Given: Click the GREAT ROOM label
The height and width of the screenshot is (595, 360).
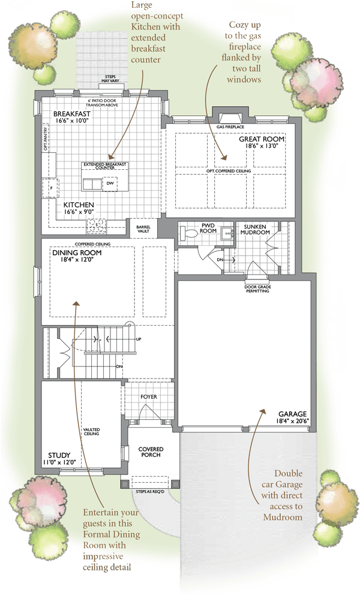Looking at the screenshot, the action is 262,139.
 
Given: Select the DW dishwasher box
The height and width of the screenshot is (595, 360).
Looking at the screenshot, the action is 110,184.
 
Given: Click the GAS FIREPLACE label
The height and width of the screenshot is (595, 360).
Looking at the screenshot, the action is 230,127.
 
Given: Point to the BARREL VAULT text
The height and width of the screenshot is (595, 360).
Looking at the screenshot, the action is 143,229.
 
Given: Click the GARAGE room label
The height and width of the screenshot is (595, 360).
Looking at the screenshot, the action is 292,414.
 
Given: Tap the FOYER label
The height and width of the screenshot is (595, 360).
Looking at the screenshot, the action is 148,396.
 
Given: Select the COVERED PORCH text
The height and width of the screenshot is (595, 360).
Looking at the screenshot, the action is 151,452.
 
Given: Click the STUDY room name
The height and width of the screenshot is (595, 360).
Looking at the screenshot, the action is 59,455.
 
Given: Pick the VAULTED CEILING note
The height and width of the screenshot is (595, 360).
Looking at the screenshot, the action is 92,431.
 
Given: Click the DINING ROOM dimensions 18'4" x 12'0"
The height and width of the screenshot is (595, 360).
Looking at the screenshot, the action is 77,260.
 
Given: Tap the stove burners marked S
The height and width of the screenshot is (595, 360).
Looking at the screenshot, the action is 97,226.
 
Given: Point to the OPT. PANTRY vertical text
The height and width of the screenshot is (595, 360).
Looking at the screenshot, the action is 45,140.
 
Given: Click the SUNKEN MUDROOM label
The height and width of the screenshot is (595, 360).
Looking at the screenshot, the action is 255,230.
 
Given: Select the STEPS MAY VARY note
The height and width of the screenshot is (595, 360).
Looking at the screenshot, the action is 110,79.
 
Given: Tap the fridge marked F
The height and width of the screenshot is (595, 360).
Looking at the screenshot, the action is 52,188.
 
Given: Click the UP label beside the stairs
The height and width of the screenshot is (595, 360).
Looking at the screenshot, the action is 139,339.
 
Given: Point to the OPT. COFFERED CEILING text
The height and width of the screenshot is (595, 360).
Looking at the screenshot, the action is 229,171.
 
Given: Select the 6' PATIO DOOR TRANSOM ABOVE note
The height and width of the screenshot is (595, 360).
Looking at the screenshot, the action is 102,103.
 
